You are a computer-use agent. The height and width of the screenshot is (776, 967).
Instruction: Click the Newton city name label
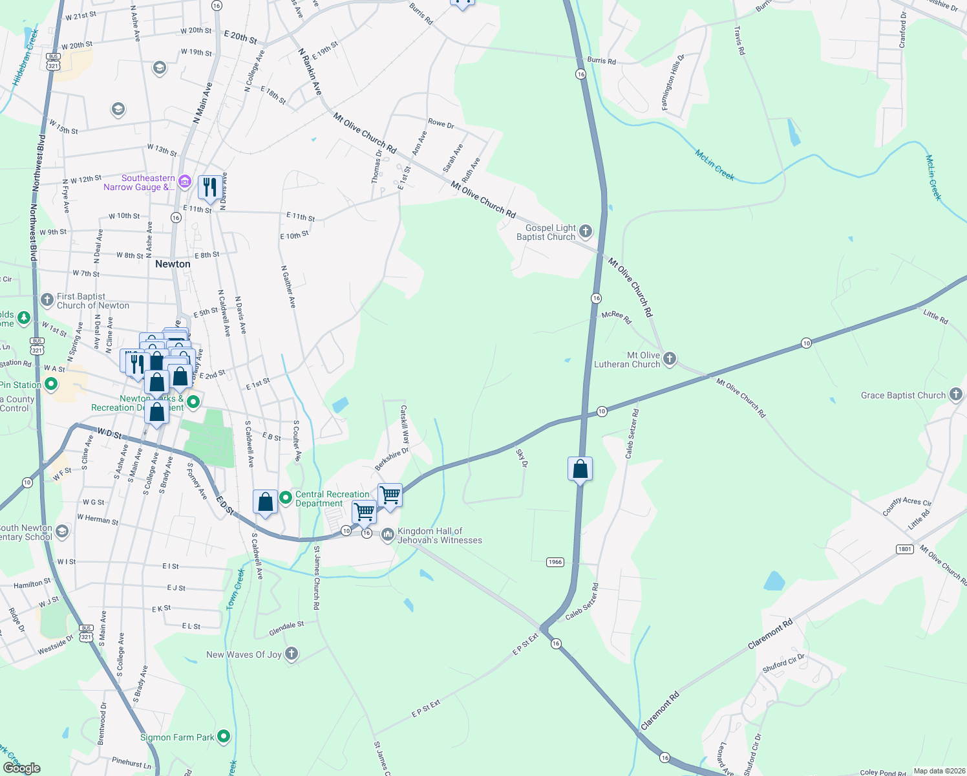pyautogui.click(x=173, y=264)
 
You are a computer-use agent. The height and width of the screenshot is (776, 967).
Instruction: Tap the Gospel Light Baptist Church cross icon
pyautogui.click(x=586, y=231)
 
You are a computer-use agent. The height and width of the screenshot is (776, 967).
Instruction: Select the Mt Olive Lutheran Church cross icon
pyautogui.click(x=670, y=358)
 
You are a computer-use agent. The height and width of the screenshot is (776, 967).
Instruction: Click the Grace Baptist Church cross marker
pyautogui.click(x=956, y=394)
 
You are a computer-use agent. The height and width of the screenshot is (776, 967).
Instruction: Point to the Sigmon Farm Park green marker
pyautogui.click(x=224, y=736)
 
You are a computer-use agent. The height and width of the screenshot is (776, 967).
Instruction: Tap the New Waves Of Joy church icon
pyautogui.click(x=292, y=654)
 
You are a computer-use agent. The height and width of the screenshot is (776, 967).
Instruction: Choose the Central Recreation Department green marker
pyautogui.click(x=286, y=499)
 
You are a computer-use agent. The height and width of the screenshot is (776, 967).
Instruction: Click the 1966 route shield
pyautogui.click(x=555, y=562)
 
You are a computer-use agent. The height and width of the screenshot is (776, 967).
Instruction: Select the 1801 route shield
pyautogui.click(x=904, y=549)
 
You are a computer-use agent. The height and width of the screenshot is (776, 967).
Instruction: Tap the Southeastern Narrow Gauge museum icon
pyautogui.click(x=185, y=181)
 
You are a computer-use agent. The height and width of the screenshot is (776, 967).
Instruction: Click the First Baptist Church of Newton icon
pyautogui.click(x=47, y=299)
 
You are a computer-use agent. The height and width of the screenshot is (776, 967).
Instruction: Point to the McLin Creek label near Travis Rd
pyautogui.click(x=714, y=165)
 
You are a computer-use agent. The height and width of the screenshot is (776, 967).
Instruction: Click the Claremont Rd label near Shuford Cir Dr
pyautogui.click(x=770, y=635)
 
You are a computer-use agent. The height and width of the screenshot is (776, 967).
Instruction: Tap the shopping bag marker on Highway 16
pyautogui.click(x=580, y=469)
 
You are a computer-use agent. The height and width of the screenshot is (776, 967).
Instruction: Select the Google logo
pyautogui.click(x=21, y=768)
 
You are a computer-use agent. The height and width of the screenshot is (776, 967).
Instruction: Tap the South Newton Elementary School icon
pyautogui.click(x=62, y=532)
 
